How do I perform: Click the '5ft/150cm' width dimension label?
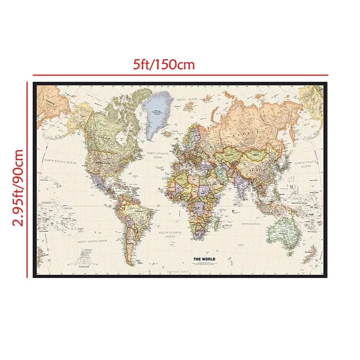pos(163,64)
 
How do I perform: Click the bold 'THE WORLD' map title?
pos(204,259)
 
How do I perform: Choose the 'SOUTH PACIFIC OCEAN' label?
pos(93,241)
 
